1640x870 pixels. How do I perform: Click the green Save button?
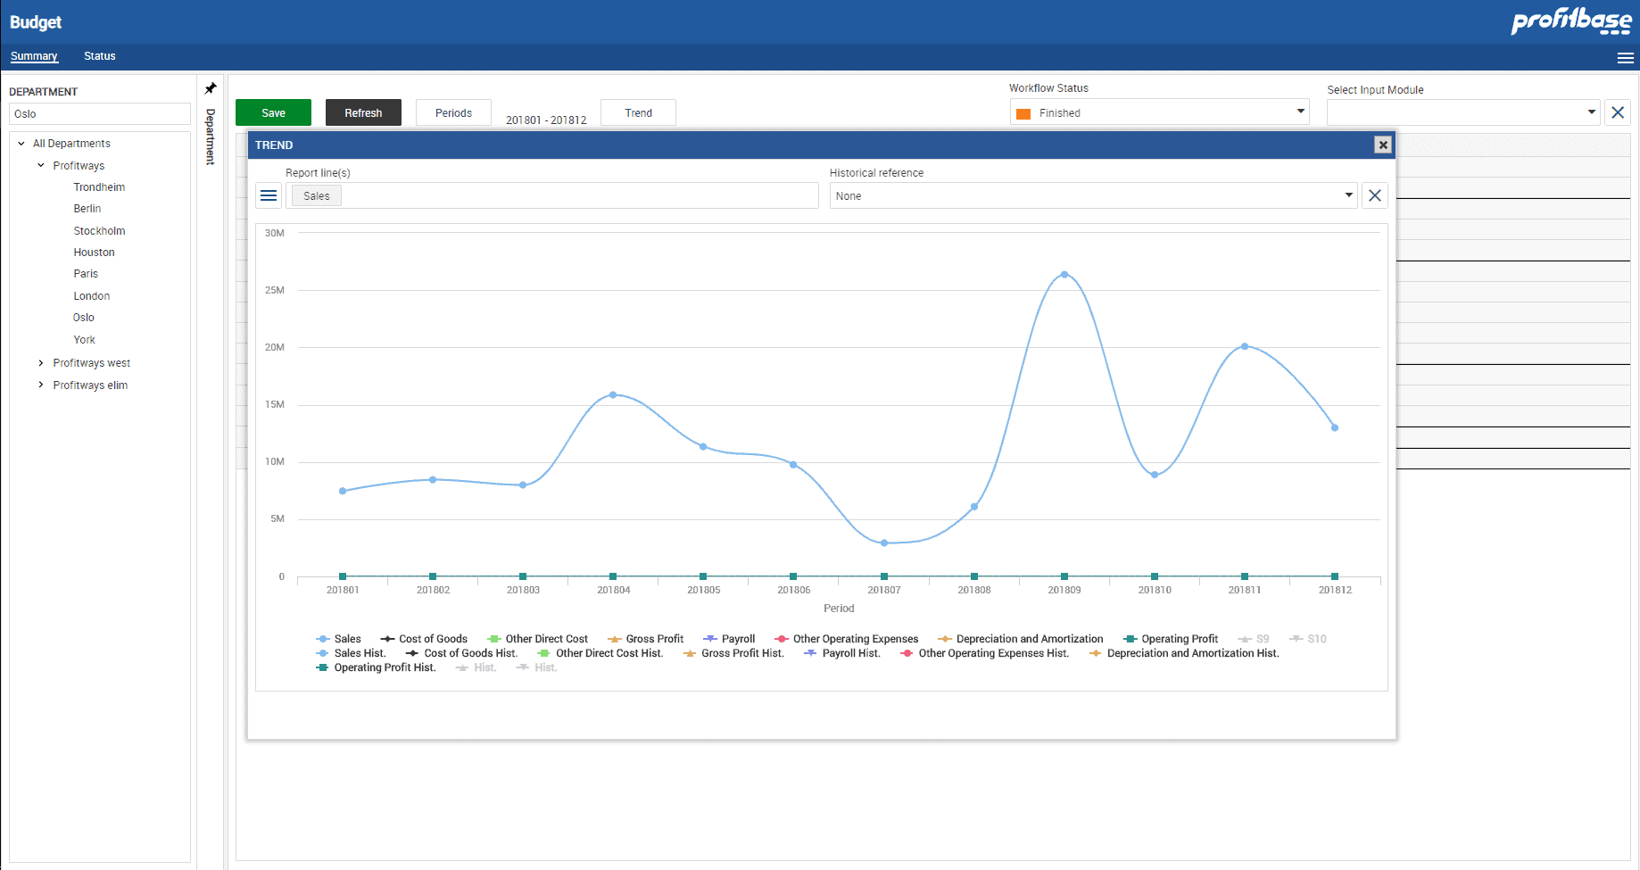point(273,112)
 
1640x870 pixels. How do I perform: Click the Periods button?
point(453,112)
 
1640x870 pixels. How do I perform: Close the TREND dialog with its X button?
point(1382,145)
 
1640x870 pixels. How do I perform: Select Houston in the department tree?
point(94,253)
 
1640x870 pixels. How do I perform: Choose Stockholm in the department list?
point(99,231)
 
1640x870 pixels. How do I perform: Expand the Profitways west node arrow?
point(41,363)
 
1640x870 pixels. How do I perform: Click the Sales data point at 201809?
point(1064,275)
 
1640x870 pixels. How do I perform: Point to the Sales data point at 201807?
point(884,543)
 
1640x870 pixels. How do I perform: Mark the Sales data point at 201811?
point(1245,346)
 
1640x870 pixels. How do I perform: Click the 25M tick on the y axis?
point(275,290)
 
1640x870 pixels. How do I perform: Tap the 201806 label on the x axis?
point(793,590)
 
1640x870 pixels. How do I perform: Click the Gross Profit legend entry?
point(654,639)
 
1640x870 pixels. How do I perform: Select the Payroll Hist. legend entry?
point(850,653)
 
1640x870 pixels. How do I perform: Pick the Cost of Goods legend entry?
point(433,639)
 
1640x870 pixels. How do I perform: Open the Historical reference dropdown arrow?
point(1348,195)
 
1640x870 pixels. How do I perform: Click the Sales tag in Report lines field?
point(316,196)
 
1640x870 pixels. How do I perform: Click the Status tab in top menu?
point(99,56)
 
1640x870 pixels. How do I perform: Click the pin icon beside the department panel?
point(211,88)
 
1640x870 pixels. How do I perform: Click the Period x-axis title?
point(838,609)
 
